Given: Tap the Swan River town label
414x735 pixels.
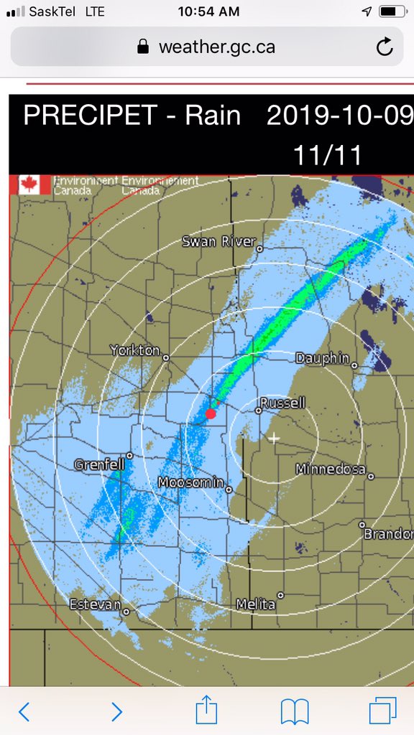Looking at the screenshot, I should click(x=218, y=241).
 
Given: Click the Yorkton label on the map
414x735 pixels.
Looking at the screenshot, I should click(x=134, y=350).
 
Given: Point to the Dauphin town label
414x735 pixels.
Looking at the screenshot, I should click(x=322, y=357).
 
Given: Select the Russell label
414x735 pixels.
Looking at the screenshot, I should click(x=282, y=403).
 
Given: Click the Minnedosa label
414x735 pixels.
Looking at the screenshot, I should click(x=330, y=469).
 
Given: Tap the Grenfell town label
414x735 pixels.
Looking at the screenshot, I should click(x=98, y=465).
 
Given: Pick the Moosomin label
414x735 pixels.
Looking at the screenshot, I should click(x=190, y=482).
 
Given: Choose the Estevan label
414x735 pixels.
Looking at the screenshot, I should click(x=95, y=604).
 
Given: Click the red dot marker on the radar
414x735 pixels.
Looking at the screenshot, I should click(x=211, y=413).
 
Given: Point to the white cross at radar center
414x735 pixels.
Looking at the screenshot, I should click(x=273, y=438).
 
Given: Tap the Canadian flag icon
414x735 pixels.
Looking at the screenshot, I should click(x=31, y=184).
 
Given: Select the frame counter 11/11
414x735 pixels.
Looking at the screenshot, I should click(x=327, y=154).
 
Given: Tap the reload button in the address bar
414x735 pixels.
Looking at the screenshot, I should click(x=385, y=47).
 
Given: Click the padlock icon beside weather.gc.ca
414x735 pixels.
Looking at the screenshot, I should click(x=143, y=47).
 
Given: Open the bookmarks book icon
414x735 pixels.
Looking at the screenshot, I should click(x=295, y=711).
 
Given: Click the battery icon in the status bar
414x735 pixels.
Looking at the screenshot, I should click(x=391, y=11).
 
